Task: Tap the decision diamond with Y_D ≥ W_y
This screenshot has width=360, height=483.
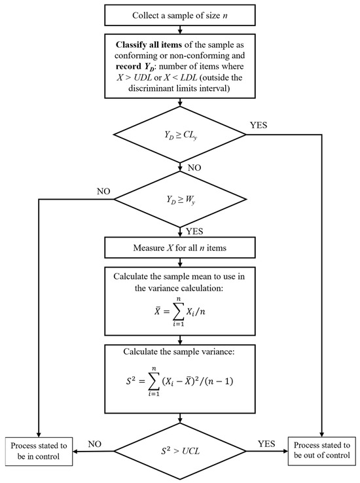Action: [x=180, y=199]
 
